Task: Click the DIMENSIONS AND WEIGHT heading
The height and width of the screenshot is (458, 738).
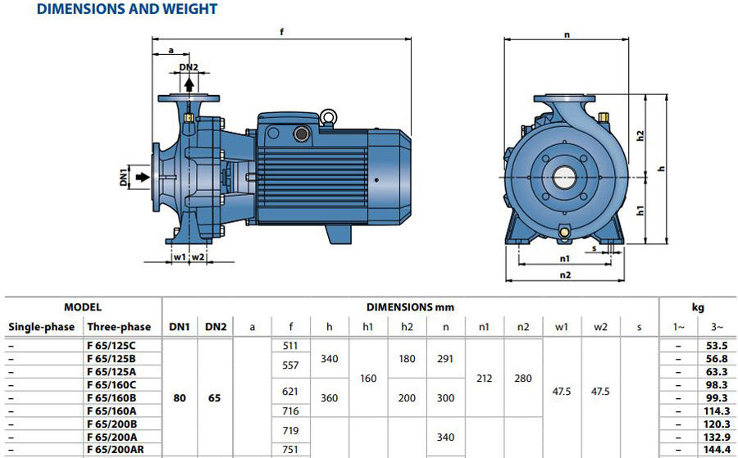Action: pyautogui.click(x=127, y=9)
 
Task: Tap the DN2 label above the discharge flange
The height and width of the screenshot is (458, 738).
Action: pyautogui.click(x=189, y=67)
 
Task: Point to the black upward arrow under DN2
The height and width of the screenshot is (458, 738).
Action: pyautogui.click(x=189, y=84)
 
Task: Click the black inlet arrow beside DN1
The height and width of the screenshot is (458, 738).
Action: pyautogui.click(x=143, y=177)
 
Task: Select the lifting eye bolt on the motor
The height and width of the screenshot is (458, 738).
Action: pyautogui.click(x=328, y=117)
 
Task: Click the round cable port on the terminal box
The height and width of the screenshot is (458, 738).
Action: pyautogui.click(x=300, y=134)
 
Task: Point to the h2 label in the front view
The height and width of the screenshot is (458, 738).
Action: pyautogui.click(x=639, y=135)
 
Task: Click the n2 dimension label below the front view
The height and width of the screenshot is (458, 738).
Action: pyautogui.click(x=565, y=274)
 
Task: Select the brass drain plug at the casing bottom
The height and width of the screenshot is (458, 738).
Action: pyautogui.click(x=564, y=233)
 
